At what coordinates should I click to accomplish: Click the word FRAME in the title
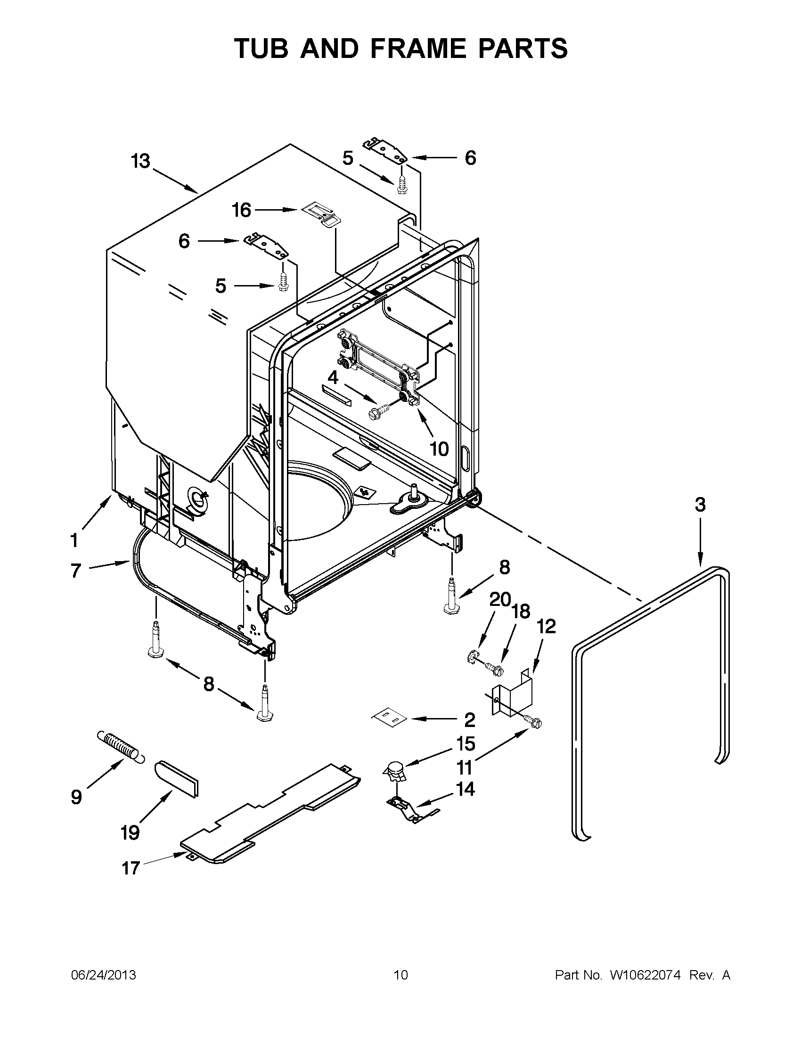[x=417, y=49]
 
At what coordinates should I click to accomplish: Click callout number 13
[x=141, y=162]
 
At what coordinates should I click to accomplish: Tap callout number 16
[x=241, y=210]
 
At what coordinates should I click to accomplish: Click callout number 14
[x=466, y=789]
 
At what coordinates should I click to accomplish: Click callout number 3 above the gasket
[x=700, y=505]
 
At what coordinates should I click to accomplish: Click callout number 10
[x=439, y=448]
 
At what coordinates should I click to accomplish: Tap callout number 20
[x=499, y=600]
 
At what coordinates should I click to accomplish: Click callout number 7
[x=76, y=570]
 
